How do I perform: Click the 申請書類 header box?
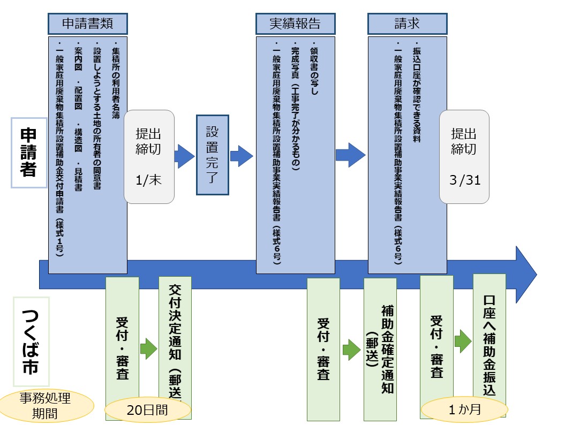coord(87,24)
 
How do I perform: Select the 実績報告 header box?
coord(295,24)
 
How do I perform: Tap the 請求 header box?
coord(407,24)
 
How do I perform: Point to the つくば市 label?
coord(30,342)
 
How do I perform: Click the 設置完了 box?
coord(212,155)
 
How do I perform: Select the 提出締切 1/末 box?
coord(149,156)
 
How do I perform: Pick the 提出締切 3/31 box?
coord(464,156)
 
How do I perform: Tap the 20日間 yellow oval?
coord(147,410)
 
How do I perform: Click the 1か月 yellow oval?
coord(464,410)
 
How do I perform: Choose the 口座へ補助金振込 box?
coord(489,343)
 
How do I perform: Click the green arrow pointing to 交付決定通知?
coord(148,348)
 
